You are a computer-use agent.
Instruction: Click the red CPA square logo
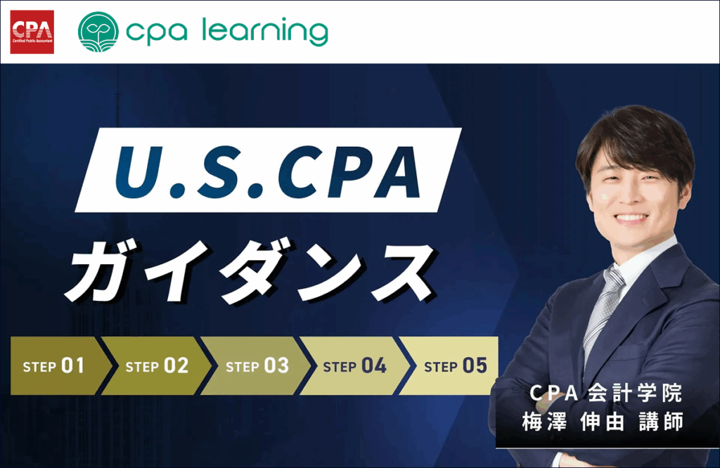[32, 32]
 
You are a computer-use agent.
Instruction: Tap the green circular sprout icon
[98, 32]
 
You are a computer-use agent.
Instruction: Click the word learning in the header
[265, 32]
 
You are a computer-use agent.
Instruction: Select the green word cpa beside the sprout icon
[157, 34]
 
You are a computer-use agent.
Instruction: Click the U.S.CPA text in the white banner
[268, 171]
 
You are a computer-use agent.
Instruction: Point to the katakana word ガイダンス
[250, 271]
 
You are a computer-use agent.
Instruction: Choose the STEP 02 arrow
[156, 365]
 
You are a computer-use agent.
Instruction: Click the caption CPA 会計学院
[605, 394]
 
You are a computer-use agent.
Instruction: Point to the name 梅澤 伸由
[573, 422]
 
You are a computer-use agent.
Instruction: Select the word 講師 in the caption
[661, 422]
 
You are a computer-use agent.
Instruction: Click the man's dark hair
[636, 138]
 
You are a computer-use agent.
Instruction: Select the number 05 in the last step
[475, 365]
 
